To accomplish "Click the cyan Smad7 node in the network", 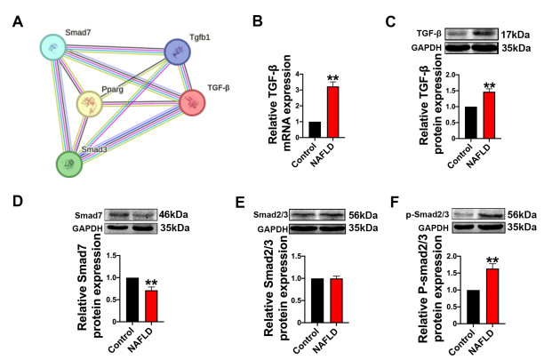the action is (x=53, y=47).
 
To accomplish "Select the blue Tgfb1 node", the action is (x=178, y=52).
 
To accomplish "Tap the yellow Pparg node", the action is (x=90, y=103).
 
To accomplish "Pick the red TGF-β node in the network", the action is (x=192, y=103).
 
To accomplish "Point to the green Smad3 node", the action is (x=69, y=164).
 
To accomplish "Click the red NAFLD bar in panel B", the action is (x=332, y=112).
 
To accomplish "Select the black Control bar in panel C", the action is (x=471, y=123).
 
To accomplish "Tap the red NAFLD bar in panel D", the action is (x=151, y=306).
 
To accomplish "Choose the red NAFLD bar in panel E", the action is (x=337, y=300).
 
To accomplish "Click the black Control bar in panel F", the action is (x=474, y=307).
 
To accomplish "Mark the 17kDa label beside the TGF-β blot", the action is (x=516, y=35).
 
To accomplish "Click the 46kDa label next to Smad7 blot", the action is (x=173, y=214).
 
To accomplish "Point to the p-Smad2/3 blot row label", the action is (x=428, y=214).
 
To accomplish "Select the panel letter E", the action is (x=240, y=203).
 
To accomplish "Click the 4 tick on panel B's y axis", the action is (x=298, y=75).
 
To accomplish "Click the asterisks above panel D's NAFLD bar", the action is (x=151, y=283).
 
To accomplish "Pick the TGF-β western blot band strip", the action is (x=472, y=34).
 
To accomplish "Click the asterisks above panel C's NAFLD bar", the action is (x=490, y=85).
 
